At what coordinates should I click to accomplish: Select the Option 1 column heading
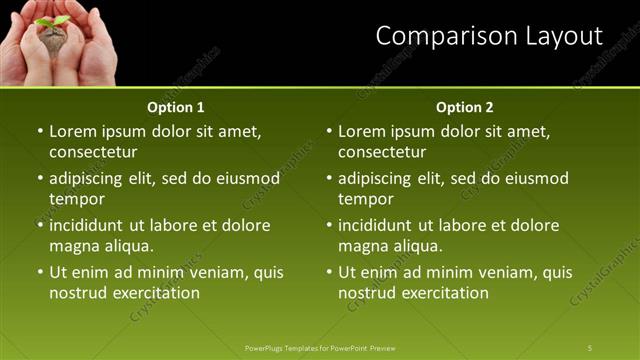(176, 107)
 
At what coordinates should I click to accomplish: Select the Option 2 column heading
(465, 107)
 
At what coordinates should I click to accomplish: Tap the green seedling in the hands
(52, 21)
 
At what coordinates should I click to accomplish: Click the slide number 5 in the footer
(590, 347)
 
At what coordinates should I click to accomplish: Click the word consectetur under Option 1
(93, 152)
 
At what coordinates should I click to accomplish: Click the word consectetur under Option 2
(382, 152)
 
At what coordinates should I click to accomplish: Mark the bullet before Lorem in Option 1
(40, 131)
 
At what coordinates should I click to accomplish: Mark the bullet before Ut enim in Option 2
(329, 272)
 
